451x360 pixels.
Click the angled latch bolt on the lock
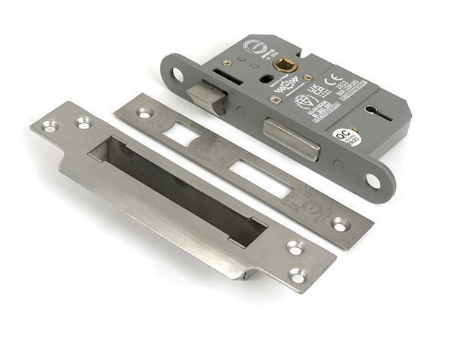pyautogui.click(x=207, y=96)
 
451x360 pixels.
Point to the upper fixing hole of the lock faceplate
pyautogui.click(x=178, y=74)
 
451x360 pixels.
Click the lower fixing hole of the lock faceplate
pyautogui.click(x=373, y=181)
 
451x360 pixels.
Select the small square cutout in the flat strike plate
pyautogui.click(x=180, y=134)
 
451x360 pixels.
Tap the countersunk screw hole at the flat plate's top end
pyautogui.click(x=142, y=113)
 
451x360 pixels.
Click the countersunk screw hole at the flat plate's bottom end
pyautogui.click(x=340, y=224)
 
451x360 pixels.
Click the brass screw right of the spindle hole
pyautogui.click(x=308, y=77)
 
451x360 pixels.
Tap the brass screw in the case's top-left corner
pyautogui.click(x=226, y=63)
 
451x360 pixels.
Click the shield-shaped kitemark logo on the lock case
pyautogui.click(x=303, y=101)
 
